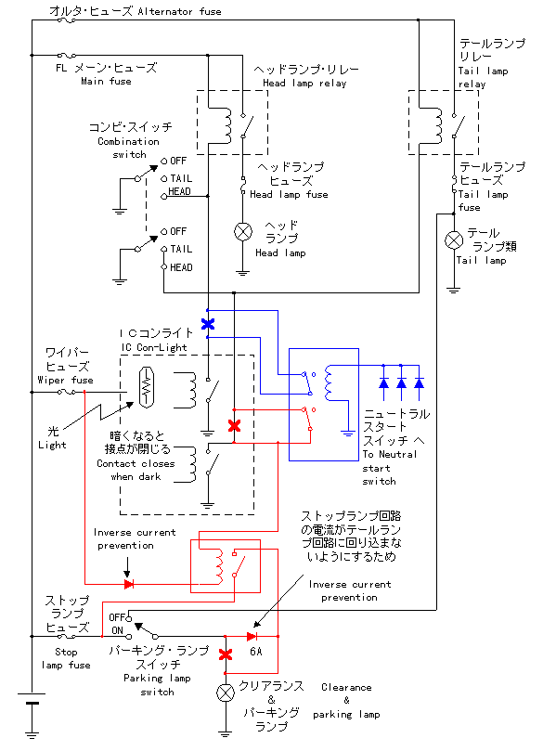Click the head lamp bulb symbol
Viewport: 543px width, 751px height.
click(x=243, y=232)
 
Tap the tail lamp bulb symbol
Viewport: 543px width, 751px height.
click(x=454, y=240)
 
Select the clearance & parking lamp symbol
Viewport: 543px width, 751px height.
click(x=226, y=693)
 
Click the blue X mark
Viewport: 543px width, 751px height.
click(x=208, y=324)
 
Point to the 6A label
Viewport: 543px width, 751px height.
click(x=255, y=652)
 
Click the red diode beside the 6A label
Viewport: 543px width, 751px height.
click(x=252, y=637)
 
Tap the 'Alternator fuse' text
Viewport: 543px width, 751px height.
click(x=179, y=11)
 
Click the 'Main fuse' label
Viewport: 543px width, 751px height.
click(x=106, y=81)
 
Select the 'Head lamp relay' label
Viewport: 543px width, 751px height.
click(x=304, y=83)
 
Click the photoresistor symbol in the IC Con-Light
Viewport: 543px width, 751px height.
click(x=147, y=387)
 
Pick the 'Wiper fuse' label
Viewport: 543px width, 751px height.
click(x=66, y=380)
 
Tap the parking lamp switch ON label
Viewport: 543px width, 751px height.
click(x=117, y=630)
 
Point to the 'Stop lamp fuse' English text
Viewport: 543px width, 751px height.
click(x=66, y=658)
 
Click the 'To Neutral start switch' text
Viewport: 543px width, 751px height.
click(x=389, y=468)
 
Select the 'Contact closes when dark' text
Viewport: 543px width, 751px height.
click(x=136, y=470)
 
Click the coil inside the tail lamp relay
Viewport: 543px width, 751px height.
click(x=436, y=125)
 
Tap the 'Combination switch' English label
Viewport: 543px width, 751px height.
click(x=128, y=148)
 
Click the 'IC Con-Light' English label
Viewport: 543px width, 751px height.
click(x=154, y=348)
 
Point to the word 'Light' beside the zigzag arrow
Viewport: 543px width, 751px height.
click(x=52, y=445)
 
